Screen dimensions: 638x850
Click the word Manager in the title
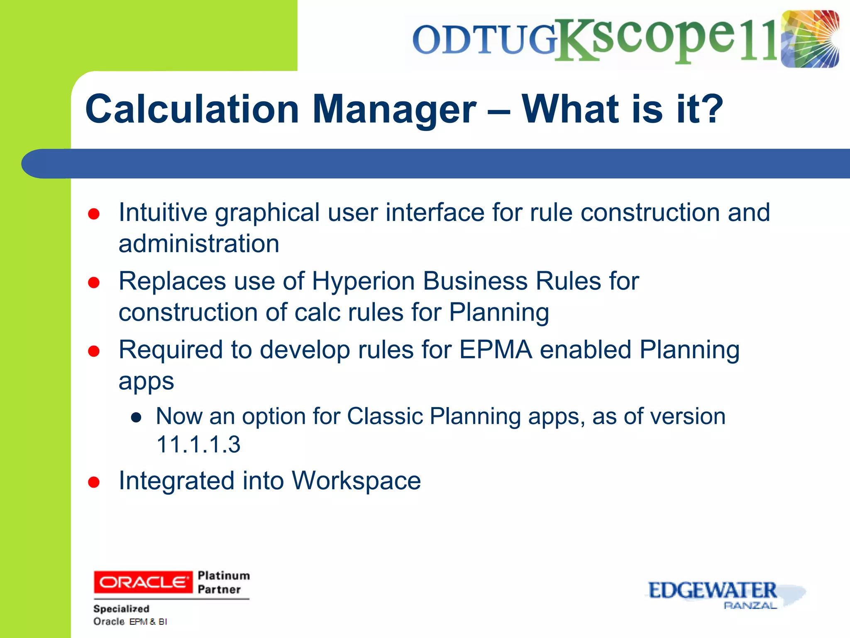tap(394, 109)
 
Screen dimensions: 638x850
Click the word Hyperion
tap(363, 281)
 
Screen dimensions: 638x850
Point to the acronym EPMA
tap(496, 350)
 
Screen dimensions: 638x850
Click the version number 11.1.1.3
tap(198, 444)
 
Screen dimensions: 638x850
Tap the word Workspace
tap(356, 481)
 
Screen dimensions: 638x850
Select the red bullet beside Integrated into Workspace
tap(94, 482)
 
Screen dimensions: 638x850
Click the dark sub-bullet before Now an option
tap(136, 418)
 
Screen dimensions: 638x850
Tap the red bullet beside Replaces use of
tap(94, 283)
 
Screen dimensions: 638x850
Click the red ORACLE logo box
tap(143, 582)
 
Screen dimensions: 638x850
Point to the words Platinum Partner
tap(223, 582)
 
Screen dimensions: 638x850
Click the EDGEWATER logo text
tap(712, 590)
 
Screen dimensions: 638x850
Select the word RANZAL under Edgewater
tap(750, 606)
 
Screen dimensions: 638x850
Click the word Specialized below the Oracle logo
tap(121, 609)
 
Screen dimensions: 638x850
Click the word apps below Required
tap(146, 381)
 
